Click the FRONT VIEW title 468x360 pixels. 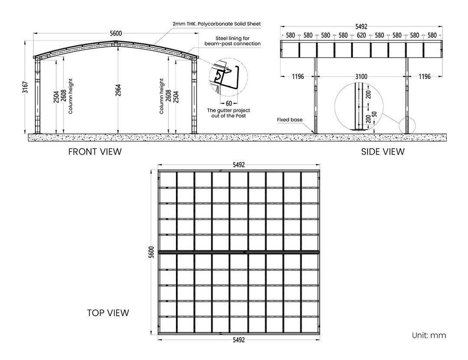pos(95,152)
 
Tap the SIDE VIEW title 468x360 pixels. pos(383,152)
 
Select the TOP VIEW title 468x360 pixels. pos(108,313)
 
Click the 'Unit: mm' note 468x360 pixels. pos(429,335)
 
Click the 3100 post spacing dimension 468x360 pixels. pos(361,77)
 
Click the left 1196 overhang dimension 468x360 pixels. pos(298,77)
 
